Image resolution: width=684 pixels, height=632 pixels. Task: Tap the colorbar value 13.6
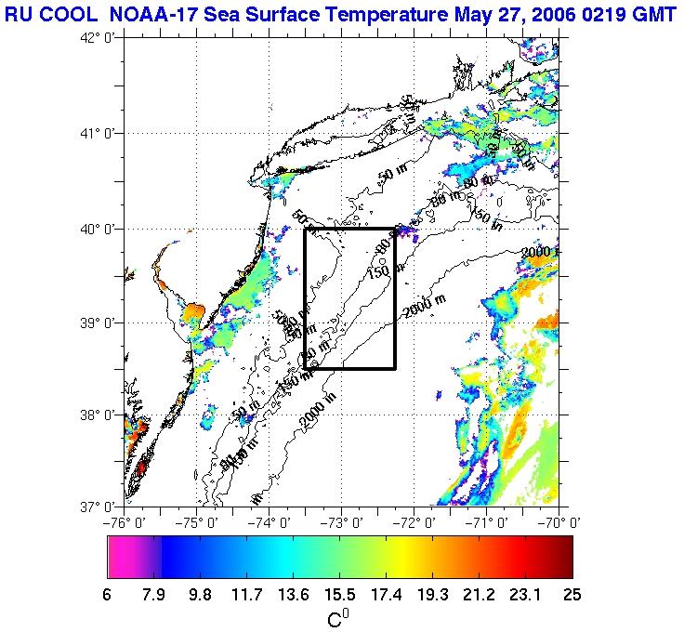click(293, 595)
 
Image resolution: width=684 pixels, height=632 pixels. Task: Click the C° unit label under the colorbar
click(338, 618)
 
